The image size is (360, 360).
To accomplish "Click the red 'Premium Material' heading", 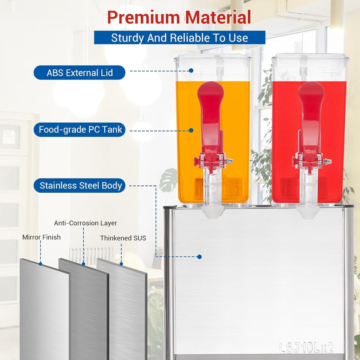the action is click(x=179, y=18).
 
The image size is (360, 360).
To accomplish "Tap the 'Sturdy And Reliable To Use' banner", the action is click(x=180, y=38).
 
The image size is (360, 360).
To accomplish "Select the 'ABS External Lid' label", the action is click(x=79, y=72).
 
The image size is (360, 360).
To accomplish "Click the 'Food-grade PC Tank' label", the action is click(x=79, y=130).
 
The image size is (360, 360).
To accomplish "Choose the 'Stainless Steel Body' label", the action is click(x=79, y=186).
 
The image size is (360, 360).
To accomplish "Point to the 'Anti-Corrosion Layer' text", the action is click(x=85, y=223).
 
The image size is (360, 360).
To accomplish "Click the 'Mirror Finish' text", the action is click(x=41, y=237).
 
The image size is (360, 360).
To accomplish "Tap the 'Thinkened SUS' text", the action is click(x=123, y=238).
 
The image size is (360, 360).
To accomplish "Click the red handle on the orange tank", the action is click(x=211, y=120).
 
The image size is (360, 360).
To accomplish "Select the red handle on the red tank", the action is click(x=311, y=120).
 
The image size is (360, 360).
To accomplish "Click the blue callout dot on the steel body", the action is click(x=199, y=257).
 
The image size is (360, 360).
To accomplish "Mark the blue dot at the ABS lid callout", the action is click(x=191, y=70).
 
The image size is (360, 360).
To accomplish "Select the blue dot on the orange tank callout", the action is click(x=191, y=130).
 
